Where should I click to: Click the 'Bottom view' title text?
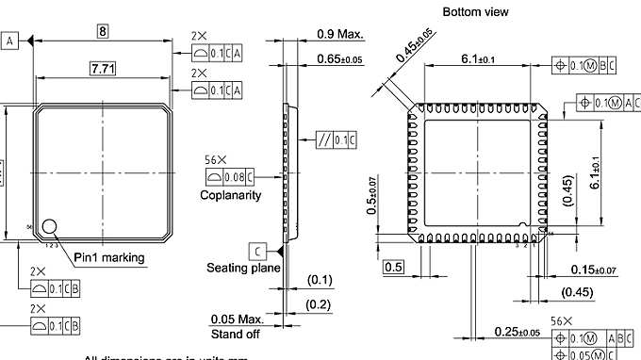click(475, 11)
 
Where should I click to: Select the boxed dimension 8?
click(102, 32)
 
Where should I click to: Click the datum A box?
click(9, 41)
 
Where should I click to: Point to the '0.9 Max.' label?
click(340, 35)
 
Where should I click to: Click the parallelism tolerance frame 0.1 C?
click(336, 140)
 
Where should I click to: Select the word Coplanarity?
click(230, 195)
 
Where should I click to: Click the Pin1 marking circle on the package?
click(49, 227)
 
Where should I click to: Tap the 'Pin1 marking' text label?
click(109, 257)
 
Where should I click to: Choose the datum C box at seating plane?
click(257, 250)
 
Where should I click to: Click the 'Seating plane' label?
click(243, 268)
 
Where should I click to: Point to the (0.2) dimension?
click(320, 304)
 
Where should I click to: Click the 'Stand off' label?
click(236, 334)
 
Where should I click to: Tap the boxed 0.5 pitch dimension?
click(393, 268)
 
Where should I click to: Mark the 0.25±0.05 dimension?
click(517, 332)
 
